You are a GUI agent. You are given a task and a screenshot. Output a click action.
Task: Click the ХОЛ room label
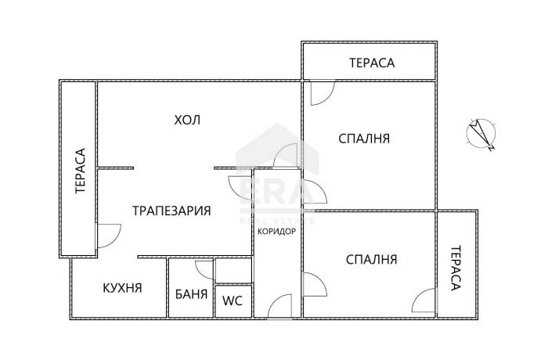pyautogui.click(x=187, y=120)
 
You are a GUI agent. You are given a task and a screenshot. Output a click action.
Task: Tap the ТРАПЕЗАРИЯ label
pyautogui.click(x=171, y=211)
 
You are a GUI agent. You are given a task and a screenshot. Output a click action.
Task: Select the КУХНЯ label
pyautogui.click(x=122, y=288)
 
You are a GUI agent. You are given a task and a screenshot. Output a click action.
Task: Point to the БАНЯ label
pyautogui.click(x=191, y=294)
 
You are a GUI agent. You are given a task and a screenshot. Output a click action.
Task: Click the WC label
pyautogui.click(x=232, y=301)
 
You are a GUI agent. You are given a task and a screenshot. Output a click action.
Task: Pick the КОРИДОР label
pyautogui.click(x=276, y=232)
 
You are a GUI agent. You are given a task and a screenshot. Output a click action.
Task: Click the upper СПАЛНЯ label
pyautogui.click(x=364, y=139)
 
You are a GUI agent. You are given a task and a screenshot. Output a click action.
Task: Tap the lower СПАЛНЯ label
pyautogui.click(x=371, y=260)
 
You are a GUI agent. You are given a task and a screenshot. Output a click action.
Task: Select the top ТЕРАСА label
pyautogui.click(x=372, y=63)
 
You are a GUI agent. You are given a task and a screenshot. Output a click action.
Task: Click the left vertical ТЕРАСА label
pyautogui.click(x=81, y=171)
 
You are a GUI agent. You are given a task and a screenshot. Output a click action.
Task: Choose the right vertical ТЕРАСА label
pyautogui.click(x=456, y=268)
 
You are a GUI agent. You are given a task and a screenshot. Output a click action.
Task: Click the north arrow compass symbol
pyautogui.click(x=481, y=134)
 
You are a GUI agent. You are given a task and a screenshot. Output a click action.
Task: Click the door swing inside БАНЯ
pyautogui.click(x=204, y=270)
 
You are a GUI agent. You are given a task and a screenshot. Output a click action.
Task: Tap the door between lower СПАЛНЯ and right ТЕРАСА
pyautogui.click(x=424, y=301)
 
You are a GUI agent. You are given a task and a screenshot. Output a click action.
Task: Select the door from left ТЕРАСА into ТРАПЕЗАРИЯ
pyautogui.click(x=109, y=236)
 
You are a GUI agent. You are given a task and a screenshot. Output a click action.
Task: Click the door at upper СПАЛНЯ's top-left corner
pyautogui.click(x=323, y=93)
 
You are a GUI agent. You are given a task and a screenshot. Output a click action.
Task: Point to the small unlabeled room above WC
pyautogui.click(x=233, y=271)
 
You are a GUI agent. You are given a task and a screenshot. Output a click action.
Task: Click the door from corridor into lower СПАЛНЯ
pyautogui.click(x=315, y=284)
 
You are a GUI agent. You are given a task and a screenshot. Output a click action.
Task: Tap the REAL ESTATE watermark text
pyautogui.click(x=277, y=221)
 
